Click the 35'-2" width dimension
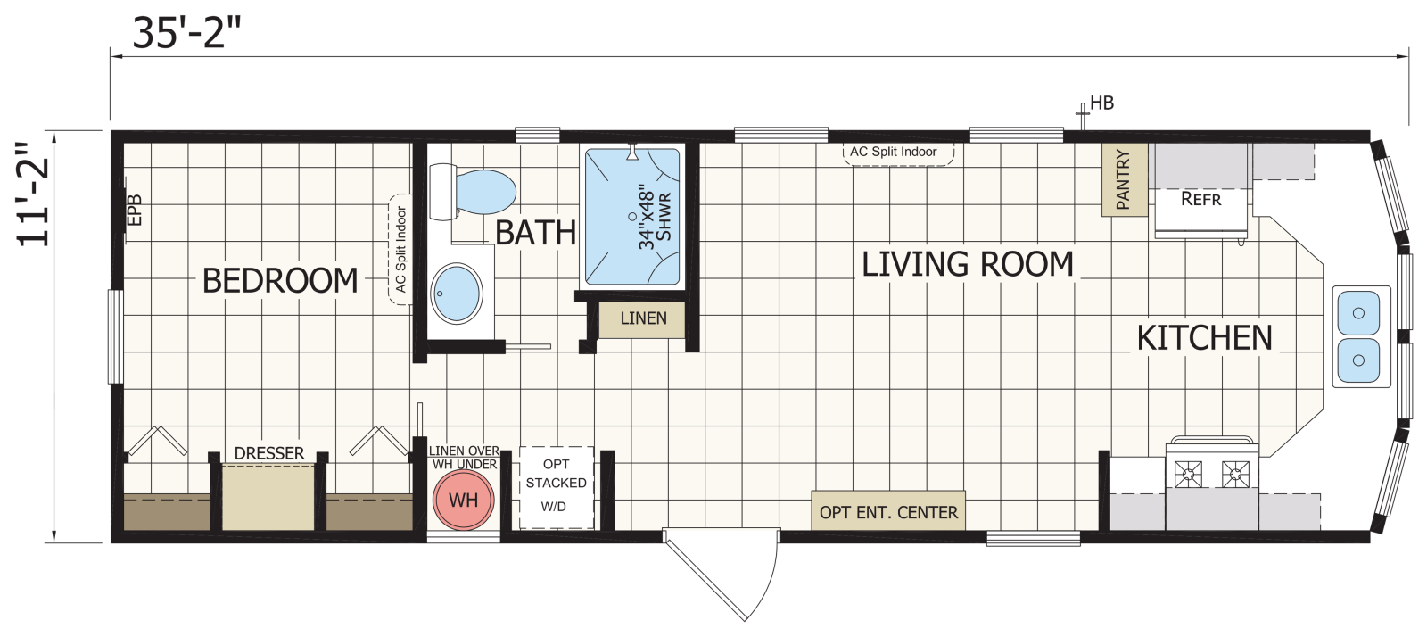[186, 33]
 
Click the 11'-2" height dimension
[32, 194]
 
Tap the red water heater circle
[464, 500]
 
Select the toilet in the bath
[472, 192]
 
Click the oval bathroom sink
[457, 294]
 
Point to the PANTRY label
[1125, 179]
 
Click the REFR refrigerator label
[1200, 199]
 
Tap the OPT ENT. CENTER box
[888, 511]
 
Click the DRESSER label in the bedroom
[269, 453]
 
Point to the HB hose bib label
[1101, 103]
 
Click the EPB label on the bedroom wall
[135, 210]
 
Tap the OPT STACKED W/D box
[557, 487]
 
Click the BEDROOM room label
[280, 281]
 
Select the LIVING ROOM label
[968, 264]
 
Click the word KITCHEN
[1205, 338]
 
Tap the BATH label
[536, 233]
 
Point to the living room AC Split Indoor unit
[898, 153]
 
